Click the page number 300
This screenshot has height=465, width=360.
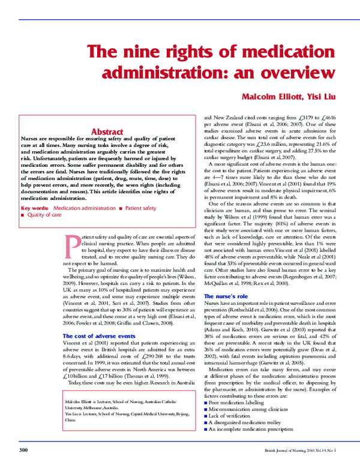pyautogui.click(x=23, y=449)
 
